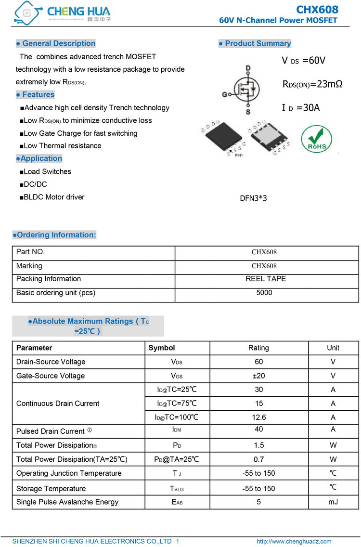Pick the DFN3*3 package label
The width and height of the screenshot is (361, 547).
point(253,198)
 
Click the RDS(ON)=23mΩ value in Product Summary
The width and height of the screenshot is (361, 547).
point(312,84)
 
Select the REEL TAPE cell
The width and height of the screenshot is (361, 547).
point(265,279)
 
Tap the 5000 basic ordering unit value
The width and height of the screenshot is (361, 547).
point(264,293)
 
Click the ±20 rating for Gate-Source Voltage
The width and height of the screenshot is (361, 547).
point(258,376)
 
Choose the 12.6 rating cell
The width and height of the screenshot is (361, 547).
point(258,417)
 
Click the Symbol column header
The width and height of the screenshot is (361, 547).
point(162,348)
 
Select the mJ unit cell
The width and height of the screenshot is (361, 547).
point(333,502)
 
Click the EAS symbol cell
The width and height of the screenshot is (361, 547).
point(177,502)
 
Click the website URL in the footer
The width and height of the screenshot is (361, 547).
point(294,541)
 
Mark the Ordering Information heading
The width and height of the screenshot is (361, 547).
point(54,235)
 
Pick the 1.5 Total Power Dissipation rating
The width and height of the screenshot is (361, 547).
point(258,445)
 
